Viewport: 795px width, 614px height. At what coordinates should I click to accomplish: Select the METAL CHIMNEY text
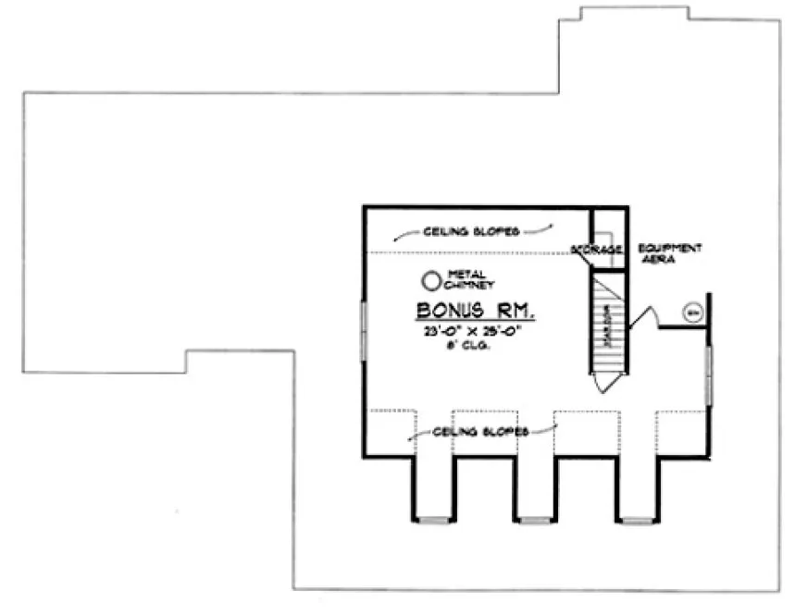466,278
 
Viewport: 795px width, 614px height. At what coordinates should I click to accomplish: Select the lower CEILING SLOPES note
481,432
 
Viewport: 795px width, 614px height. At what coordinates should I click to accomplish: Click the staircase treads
609,328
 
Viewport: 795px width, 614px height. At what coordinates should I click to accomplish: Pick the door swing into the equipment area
644,316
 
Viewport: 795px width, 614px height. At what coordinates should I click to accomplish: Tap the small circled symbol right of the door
692,312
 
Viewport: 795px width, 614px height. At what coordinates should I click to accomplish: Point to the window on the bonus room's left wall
364,331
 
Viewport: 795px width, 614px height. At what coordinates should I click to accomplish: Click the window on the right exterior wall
709,375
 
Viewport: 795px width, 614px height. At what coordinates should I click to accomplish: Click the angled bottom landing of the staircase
606,380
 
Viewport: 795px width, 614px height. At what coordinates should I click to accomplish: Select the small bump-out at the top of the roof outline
634,13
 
